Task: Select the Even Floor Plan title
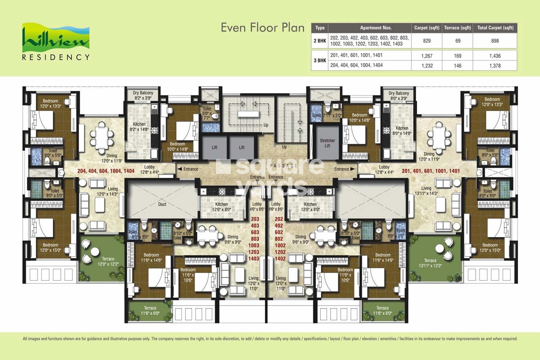262,28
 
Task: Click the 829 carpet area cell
427,41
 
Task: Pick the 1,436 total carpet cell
495,56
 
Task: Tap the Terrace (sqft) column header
457,28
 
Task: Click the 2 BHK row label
320,41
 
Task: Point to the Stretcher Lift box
327,143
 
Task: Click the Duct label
162,204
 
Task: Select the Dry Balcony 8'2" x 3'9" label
143,95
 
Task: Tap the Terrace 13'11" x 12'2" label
430,263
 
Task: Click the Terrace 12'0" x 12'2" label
108,262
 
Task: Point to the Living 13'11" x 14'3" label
426,191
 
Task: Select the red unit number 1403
253,259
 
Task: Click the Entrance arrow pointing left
179,169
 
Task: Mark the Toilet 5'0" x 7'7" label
207,113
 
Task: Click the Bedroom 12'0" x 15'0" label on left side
50,247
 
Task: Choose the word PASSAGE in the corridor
283,166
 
